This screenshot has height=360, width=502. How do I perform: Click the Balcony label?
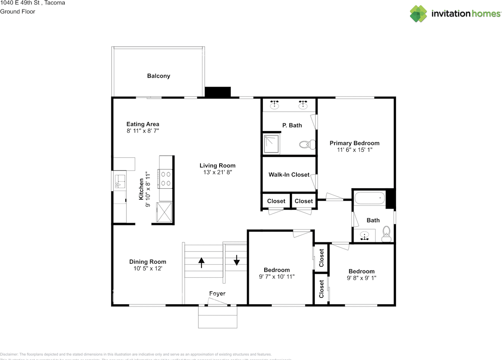click(x=158, y=76)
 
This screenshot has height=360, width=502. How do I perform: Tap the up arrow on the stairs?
click(x=202, y=262)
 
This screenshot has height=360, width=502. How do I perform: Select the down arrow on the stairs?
click(x=236, y=260)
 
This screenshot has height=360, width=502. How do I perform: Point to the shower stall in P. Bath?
click(x=271, y=144)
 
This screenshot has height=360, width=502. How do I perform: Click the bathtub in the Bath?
click(x=370, y=198)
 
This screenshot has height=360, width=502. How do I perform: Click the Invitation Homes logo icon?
click(x=419, y=14)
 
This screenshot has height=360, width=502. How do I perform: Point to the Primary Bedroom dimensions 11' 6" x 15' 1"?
click(x=354, y=150)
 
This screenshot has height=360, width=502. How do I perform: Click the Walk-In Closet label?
click(x=289, y=175)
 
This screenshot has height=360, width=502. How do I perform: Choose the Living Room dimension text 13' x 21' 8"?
click(x=217, y=172)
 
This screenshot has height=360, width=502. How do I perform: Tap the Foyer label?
click(x=217, y=293)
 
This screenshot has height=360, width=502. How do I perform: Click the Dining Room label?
click(x=147, y=262)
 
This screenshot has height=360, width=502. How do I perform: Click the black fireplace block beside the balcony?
click(x=218, y=92)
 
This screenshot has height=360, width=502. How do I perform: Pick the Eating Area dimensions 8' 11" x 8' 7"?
click(x=142, y=131)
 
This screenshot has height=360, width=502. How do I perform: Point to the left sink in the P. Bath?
click(x=275, y=105)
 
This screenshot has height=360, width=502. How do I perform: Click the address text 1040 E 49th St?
click(x=33, y=3)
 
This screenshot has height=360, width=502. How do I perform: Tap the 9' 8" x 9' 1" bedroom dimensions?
click(x=361, y=278)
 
